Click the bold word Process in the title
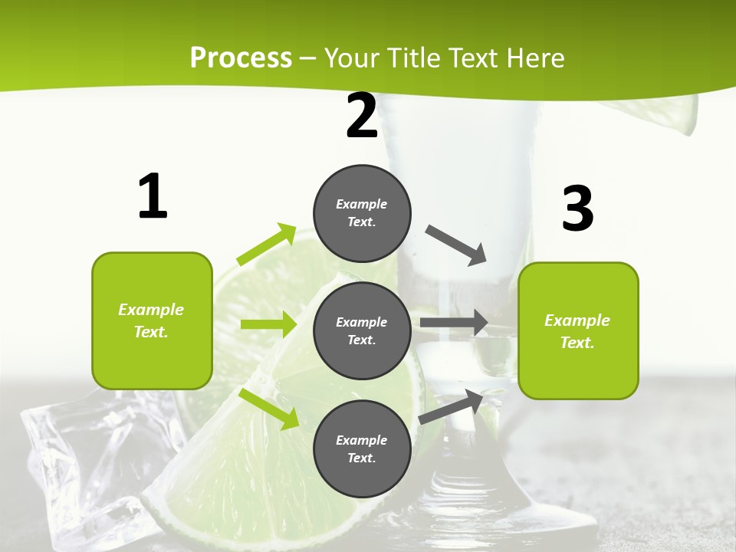tap(241, 58)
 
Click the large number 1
tap(153, 197)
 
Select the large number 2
tap(362, 117)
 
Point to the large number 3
tap(577, 209)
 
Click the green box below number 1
tap(152, 320)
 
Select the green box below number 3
tap(578, 330)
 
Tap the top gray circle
tap(362, 213)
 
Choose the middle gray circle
tap(362, 330)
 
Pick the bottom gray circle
tap(362, 449)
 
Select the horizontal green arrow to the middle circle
tap(268, 324)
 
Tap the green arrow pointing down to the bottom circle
tap(269, 408)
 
